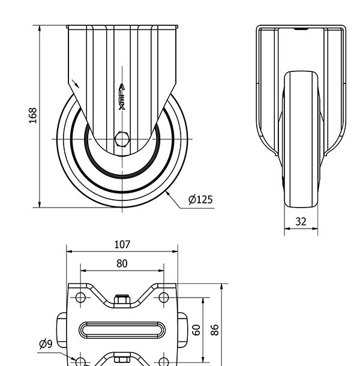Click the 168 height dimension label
tap(32, 116)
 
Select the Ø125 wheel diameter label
tap(200, 200)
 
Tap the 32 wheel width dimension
tap(301, 221)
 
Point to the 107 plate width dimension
tap(122, 244)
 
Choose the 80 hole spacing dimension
tap(122, 263)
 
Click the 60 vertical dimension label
tap(196, 330)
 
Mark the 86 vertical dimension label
tap(215, 329)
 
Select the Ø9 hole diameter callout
tap(46, 344)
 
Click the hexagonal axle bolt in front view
tap(122, 139)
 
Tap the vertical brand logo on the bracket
tap(122, 97)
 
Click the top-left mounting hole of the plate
tap(80, 298)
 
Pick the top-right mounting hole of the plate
tap(164, 298)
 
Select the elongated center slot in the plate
tap(122, 330)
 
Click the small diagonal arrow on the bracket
tap(75, 83)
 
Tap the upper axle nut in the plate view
tap(122, 299)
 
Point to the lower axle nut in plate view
tap(122, 357)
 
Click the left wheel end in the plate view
tap(62, 330)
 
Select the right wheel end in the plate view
tap(182, 330)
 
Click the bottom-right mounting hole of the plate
tap(164, 362)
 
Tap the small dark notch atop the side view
tap(301, 29)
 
